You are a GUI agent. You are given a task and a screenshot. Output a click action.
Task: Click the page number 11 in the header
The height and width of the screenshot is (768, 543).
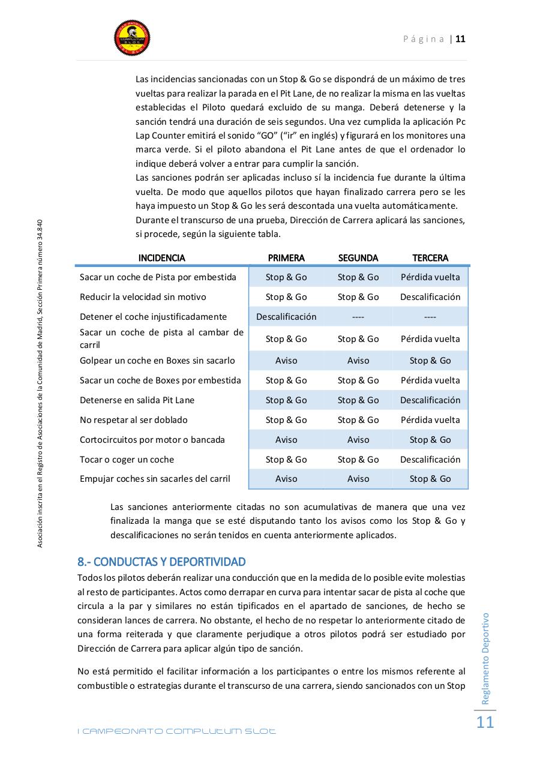pyautogui.click(x=461, y=39)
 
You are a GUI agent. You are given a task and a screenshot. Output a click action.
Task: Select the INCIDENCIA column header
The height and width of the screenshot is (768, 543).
pyautogui.click(x=161, y=258)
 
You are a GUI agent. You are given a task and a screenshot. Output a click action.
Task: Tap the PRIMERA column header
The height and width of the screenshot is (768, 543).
pyautogui.click(x=286, y=258)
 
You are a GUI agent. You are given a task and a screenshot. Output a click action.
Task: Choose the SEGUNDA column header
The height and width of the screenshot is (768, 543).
pyautogui.click(x=358, y=258)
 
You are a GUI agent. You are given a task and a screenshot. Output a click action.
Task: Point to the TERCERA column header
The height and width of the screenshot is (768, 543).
pyautogui.click(x=430, y=258)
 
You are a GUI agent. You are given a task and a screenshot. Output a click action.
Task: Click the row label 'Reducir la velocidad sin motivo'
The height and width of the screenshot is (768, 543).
pyautogui.click(x=143, y=297)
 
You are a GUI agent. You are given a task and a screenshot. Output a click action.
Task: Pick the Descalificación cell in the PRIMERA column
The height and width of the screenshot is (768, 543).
pyautogui.click(x=286, y=317)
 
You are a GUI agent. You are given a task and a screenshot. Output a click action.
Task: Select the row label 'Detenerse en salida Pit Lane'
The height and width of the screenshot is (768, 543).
pyautogui.click(x=137, y=400)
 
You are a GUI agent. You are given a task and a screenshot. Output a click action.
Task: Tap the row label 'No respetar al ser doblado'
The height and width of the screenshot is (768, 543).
pyautogui.click(x=133, y=420)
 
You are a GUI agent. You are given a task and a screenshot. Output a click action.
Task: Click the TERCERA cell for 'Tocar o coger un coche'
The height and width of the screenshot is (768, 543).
pyautogui.click(x=430, y=460)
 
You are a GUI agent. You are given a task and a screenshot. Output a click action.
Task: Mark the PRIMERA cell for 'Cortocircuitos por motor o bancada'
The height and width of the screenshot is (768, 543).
pyautogui.click(x=286, y=440)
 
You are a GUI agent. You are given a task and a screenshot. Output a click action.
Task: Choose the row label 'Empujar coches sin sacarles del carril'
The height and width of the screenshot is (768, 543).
pyautogui.click(x=155, y=479)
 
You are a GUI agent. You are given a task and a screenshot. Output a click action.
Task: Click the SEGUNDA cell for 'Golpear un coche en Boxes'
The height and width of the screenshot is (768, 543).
pyautogui.click(x=358, y=361)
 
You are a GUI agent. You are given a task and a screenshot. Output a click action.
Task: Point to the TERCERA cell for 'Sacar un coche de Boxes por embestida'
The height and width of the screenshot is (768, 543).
pyautogui.click(x=430, y=380)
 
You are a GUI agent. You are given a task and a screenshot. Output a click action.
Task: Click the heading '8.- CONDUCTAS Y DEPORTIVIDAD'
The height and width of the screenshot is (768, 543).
pyautogui.click(x=161, y=562)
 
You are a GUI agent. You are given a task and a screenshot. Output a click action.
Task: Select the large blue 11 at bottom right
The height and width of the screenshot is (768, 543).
pyautogui.click(x=485, y=722)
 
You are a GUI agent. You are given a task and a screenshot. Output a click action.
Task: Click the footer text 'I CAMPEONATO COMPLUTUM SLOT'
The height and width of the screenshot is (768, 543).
pyautogui.click(x=177, y=731)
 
